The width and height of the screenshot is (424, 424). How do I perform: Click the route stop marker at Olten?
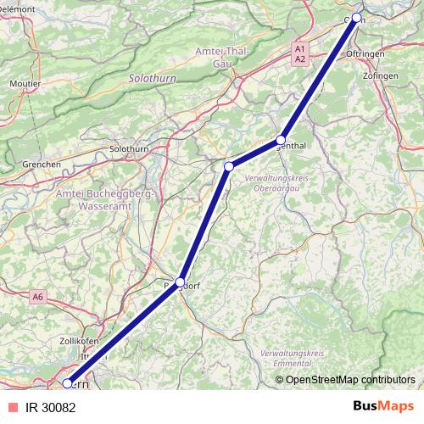(x=357, y=18)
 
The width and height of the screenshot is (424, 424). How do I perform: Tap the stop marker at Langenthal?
(x=281, y=140)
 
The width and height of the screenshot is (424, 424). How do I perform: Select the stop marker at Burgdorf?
(x=180, y=282)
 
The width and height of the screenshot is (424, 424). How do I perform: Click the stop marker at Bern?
(x=67, y=383)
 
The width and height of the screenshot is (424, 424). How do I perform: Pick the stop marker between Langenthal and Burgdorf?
(x=228, y=167)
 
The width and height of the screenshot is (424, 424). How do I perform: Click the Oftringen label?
(x=365, y=53)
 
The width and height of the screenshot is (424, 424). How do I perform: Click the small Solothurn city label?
(x=129, y=149)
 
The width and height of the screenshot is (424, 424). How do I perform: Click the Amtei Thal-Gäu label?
(x=222, y=57)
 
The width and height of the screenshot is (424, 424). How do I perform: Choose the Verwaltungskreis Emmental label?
(x=293, y=355)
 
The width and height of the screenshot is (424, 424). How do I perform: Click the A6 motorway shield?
(x=37, y=298)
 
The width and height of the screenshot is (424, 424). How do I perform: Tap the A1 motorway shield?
(x=300, y=50)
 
